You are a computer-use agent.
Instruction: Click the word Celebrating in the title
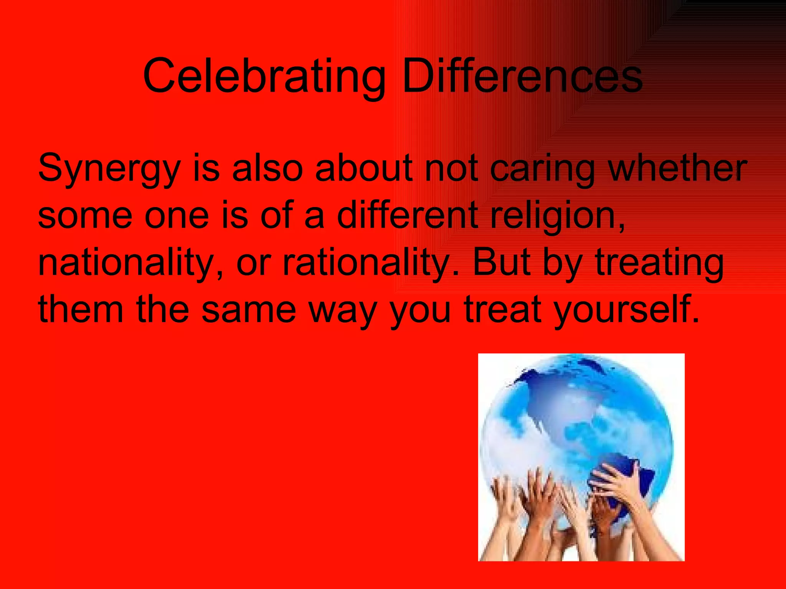tap(264, 76)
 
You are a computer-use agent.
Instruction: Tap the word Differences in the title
tap(522, 76)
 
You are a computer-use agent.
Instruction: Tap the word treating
tap(659, 263)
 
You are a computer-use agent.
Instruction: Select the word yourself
tap(626, 310)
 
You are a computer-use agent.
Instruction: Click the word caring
tap(543, 169)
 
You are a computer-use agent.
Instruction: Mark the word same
tap(249, 310)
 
